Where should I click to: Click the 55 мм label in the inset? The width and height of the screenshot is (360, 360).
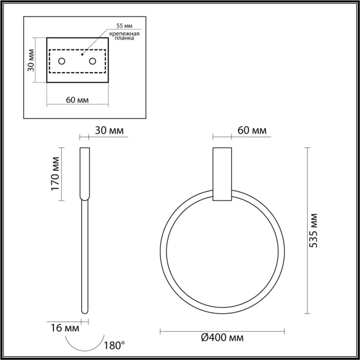pos(125,25)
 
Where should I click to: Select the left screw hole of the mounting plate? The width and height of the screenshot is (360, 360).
pos(62,62)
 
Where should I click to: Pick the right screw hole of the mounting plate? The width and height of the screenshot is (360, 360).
pos(93,62)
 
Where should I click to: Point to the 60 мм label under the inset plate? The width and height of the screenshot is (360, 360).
pos(77,99)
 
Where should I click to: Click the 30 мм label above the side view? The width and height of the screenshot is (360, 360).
pos(110,131)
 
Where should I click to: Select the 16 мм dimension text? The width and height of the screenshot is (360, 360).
pos(66,327)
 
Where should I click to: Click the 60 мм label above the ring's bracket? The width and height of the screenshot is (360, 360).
pos(252,131)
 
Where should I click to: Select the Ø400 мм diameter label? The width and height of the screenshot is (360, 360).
pos(222,338)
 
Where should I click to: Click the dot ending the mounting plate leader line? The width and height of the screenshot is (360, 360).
pos(83,52)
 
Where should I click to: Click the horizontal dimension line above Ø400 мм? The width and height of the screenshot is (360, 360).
pos(222,330)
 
